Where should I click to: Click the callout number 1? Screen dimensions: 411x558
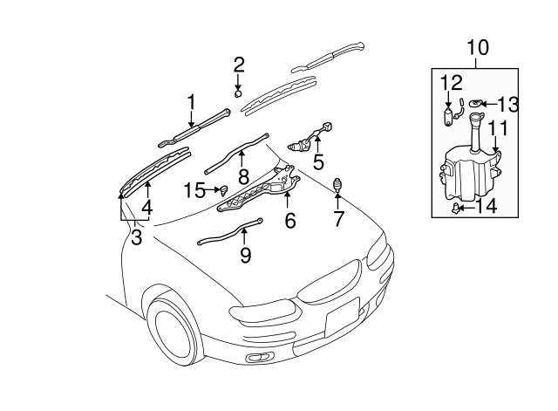pos(191,105)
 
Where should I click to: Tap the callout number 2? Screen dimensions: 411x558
pos(238,64)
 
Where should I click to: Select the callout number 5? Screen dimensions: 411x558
pos(318,161)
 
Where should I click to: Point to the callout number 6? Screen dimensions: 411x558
pos(289,221)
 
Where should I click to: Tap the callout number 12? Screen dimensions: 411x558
pos(450,83)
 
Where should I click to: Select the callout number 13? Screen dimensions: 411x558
pos(507,106)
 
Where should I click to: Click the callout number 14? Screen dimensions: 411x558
pos(487,207)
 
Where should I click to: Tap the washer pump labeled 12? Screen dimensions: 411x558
pos(450,117)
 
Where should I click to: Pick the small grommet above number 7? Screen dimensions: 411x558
pos(338,184)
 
